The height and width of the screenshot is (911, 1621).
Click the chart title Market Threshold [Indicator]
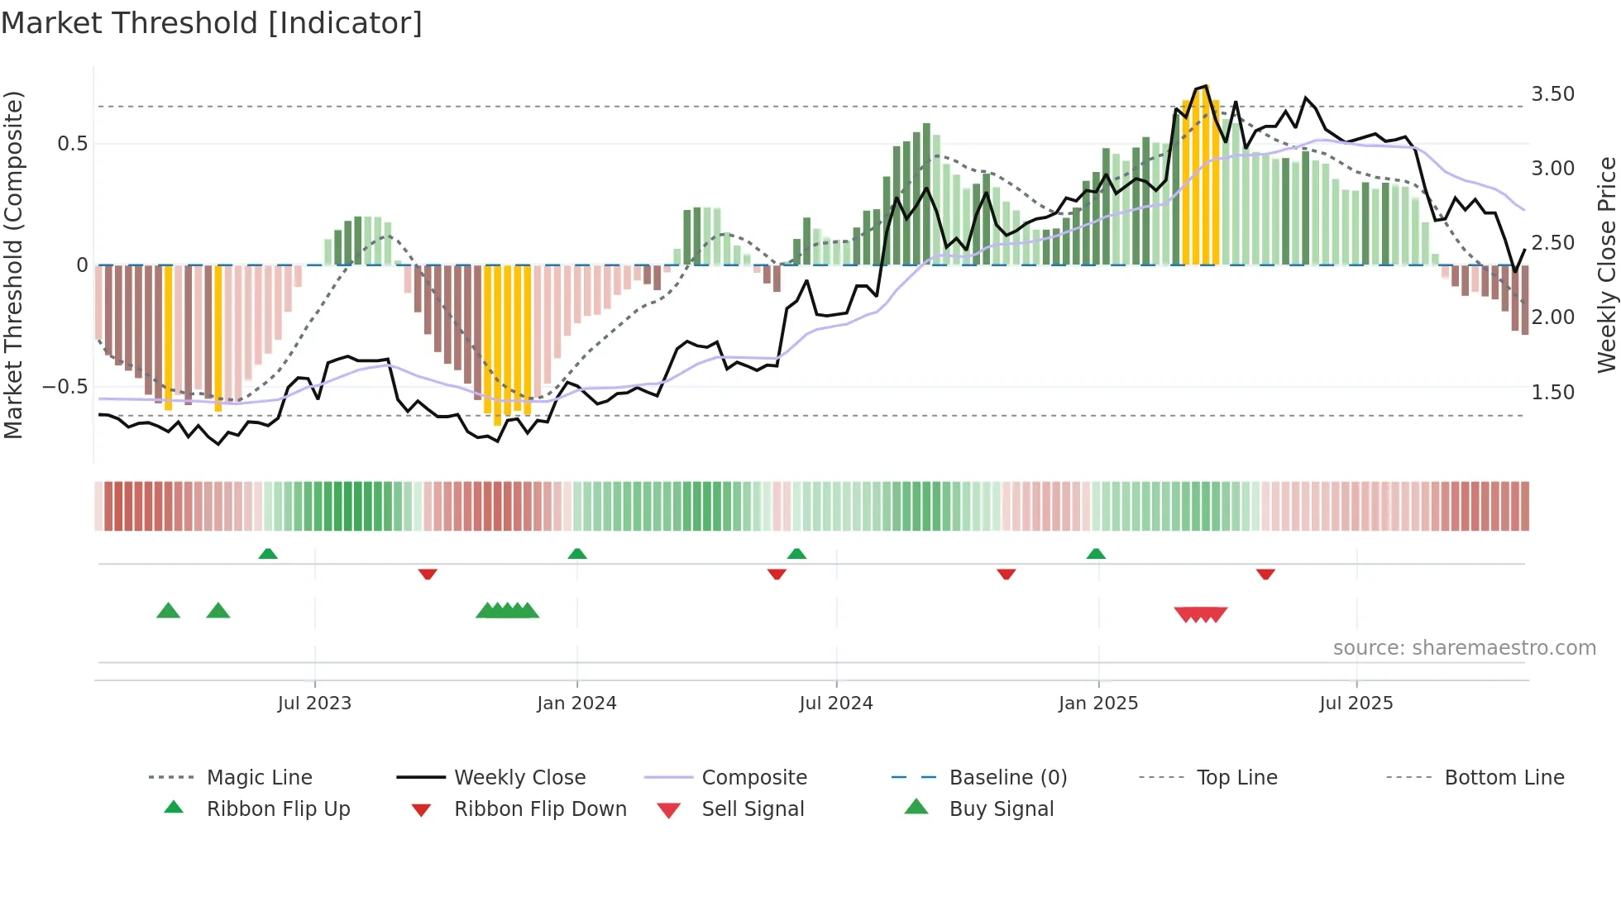pyautogui.click(x=212, y=23)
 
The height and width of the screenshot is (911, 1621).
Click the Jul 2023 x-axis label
pyautogui.click(x=314, y=704)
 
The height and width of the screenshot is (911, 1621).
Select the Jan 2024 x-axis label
pyautogui.click(x=576, y=704)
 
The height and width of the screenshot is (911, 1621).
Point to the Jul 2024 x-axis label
pyautogui.click(x=836, y=704)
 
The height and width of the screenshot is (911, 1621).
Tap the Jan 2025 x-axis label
pyautogui.click(x=1098, y=704)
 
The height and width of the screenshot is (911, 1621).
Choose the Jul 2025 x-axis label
pyautogui.click(x=1356, y=704)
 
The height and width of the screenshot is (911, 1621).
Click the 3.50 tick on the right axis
pyautogui.click(x=1552, y=94)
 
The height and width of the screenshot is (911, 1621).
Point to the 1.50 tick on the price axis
pyautogui.click(x=1552, y=393)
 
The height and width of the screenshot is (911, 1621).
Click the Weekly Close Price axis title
pyautogui.click(x=1606, y=265)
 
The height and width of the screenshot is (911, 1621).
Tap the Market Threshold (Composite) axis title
pyautogui.click(x=13, y=265)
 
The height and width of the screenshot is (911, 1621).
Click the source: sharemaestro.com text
pyautogui.click(x=1464, y=648)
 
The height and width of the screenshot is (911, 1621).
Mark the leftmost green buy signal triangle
pyautogui.click(x=168, y=611)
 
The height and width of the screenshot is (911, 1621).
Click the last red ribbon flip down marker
pyautogui.click(x=1265, y=574)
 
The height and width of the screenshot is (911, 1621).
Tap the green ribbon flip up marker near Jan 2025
pyautogui.click(x=1096, y=554)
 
